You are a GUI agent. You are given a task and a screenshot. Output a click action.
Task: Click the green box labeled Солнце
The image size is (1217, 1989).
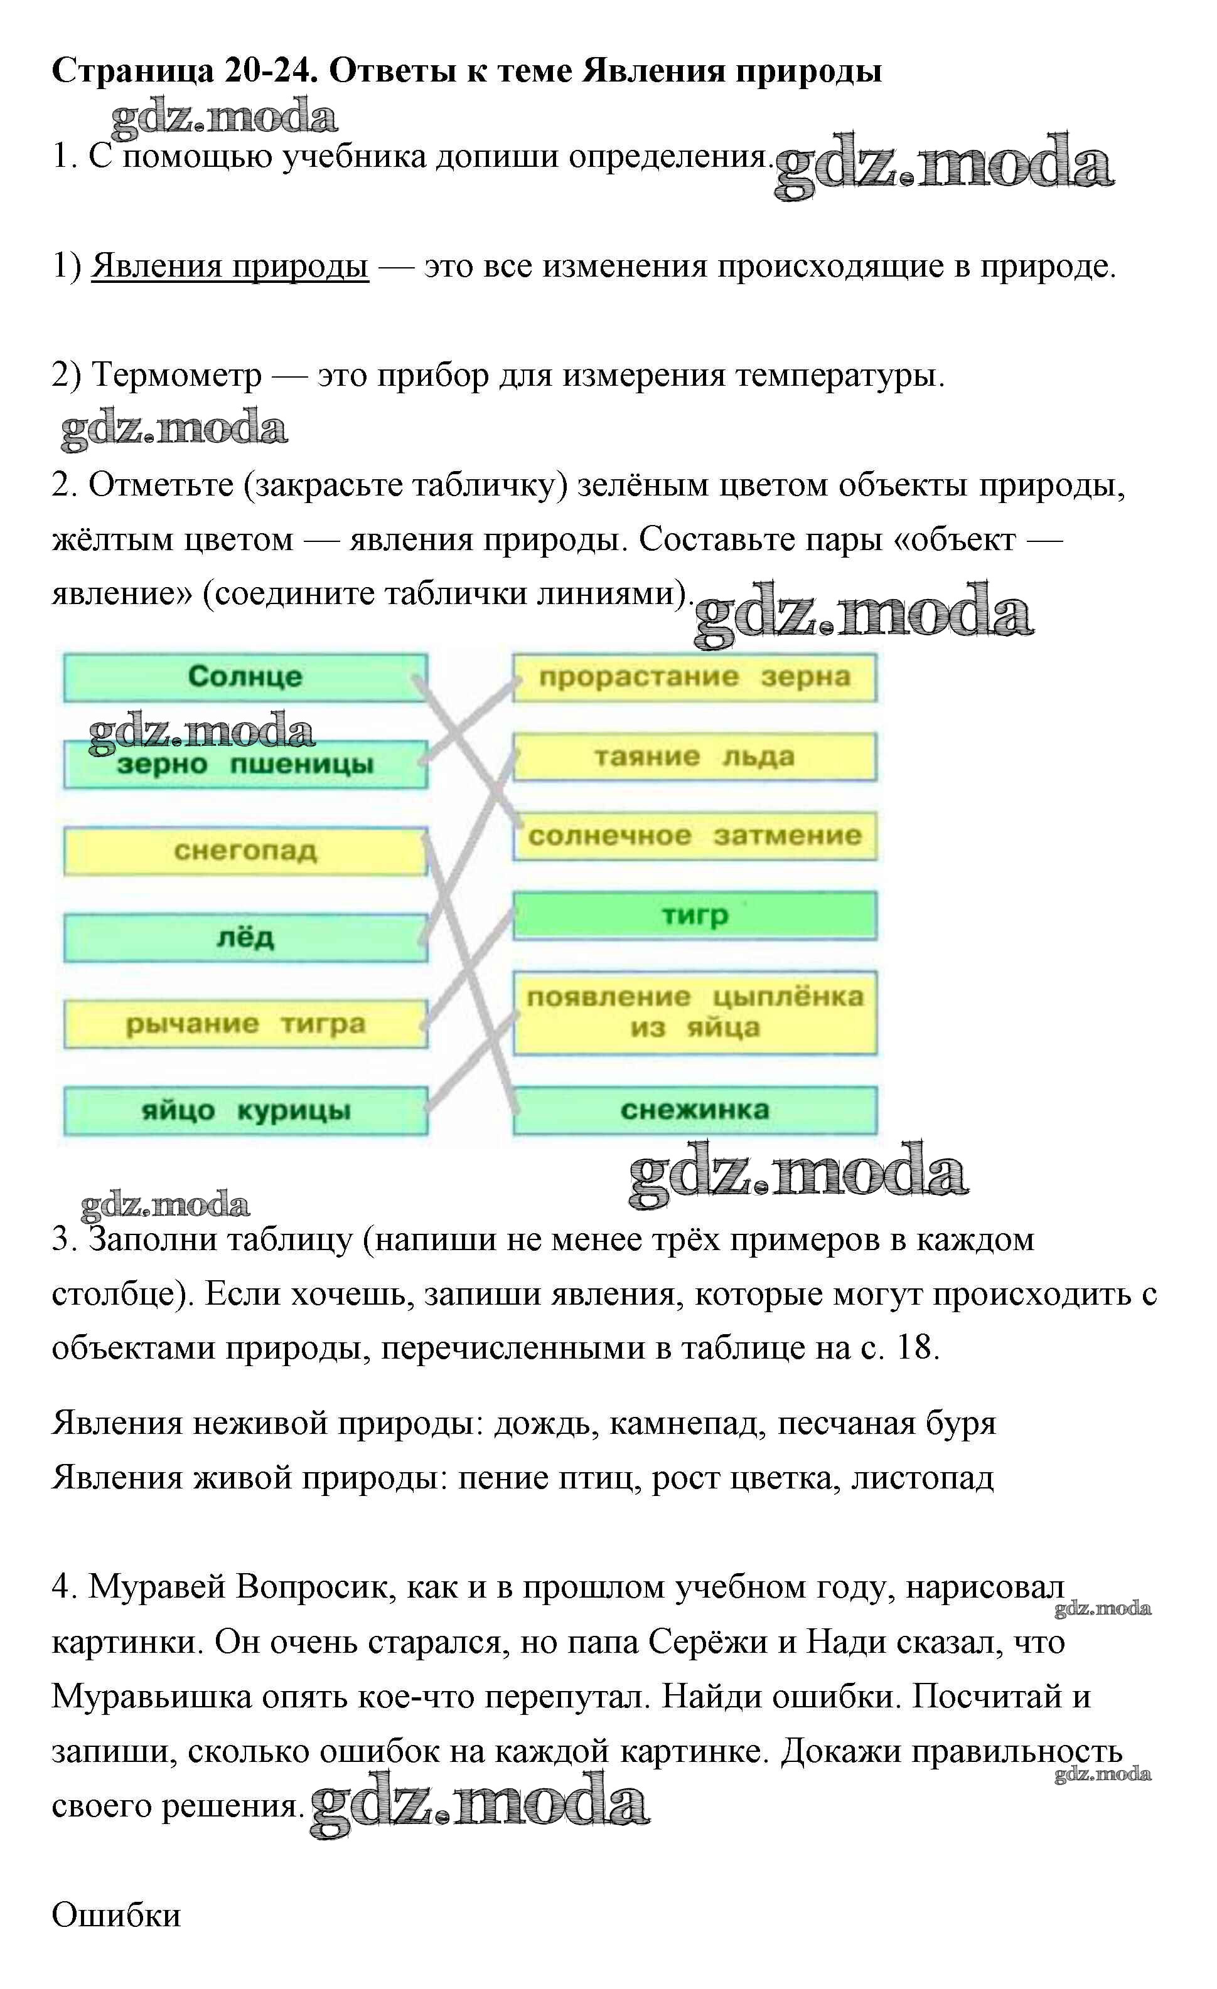click(245, 676)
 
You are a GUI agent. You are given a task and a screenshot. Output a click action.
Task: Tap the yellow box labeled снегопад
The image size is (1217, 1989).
click(245, 851)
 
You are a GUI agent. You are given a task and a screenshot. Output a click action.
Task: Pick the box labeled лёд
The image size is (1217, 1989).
click(245, 938)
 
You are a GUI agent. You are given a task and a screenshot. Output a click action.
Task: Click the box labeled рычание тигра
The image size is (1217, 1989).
click(245, 1024)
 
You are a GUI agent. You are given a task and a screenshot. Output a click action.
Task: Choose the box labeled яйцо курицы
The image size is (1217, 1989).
click(245, 1111)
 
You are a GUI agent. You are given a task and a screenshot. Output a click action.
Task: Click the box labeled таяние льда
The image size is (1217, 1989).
click(695, 756)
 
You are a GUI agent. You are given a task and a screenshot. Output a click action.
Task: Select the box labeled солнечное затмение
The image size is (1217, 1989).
click(695, 835)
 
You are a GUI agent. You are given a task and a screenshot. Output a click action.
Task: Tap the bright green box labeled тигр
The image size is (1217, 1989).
click(695, 915)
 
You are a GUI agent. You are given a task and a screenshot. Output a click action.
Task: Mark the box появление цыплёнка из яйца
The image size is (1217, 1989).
click(695, 1012)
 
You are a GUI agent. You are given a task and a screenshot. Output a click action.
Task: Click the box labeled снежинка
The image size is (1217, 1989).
click(695, 1110)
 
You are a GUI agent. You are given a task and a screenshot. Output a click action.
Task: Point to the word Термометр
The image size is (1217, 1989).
click(177, 375)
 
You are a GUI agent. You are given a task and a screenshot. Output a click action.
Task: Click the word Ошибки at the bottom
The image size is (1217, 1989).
click(116, 1915)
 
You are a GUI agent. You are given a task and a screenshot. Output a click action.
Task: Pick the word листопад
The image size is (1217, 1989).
click(922, 1478)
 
